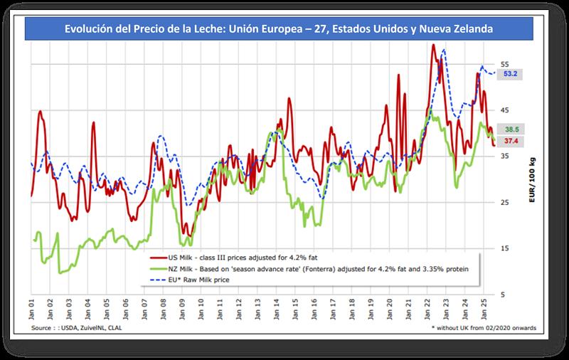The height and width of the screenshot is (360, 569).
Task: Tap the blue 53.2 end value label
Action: pos(509,74)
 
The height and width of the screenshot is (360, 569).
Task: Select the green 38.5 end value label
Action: pos(509,130)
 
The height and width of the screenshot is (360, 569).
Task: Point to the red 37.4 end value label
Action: pos(509,142)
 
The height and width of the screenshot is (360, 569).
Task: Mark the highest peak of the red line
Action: pos(433,45)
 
